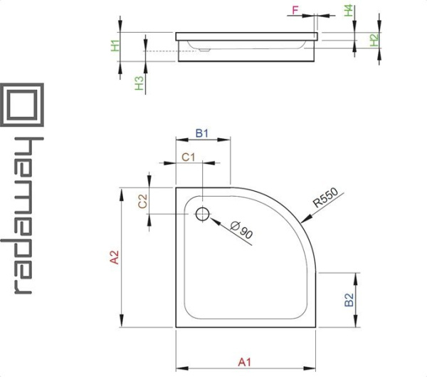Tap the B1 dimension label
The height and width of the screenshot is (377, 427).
(x=201, y=133)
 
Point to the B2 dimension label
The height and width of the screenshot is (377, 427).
(x=349, y=299)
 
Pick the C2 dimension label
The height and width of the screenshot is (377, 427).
(x=142, y=201)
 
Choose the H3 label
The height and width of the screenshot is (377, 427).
(x=140, y=83)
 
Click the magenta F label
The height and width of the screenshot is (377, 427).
(x=295, y=10)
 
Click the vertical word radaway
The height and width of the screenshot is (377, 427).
(x=22, y=215)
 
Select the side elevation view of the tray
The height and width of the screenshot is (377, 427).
(x=246, y=46)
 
